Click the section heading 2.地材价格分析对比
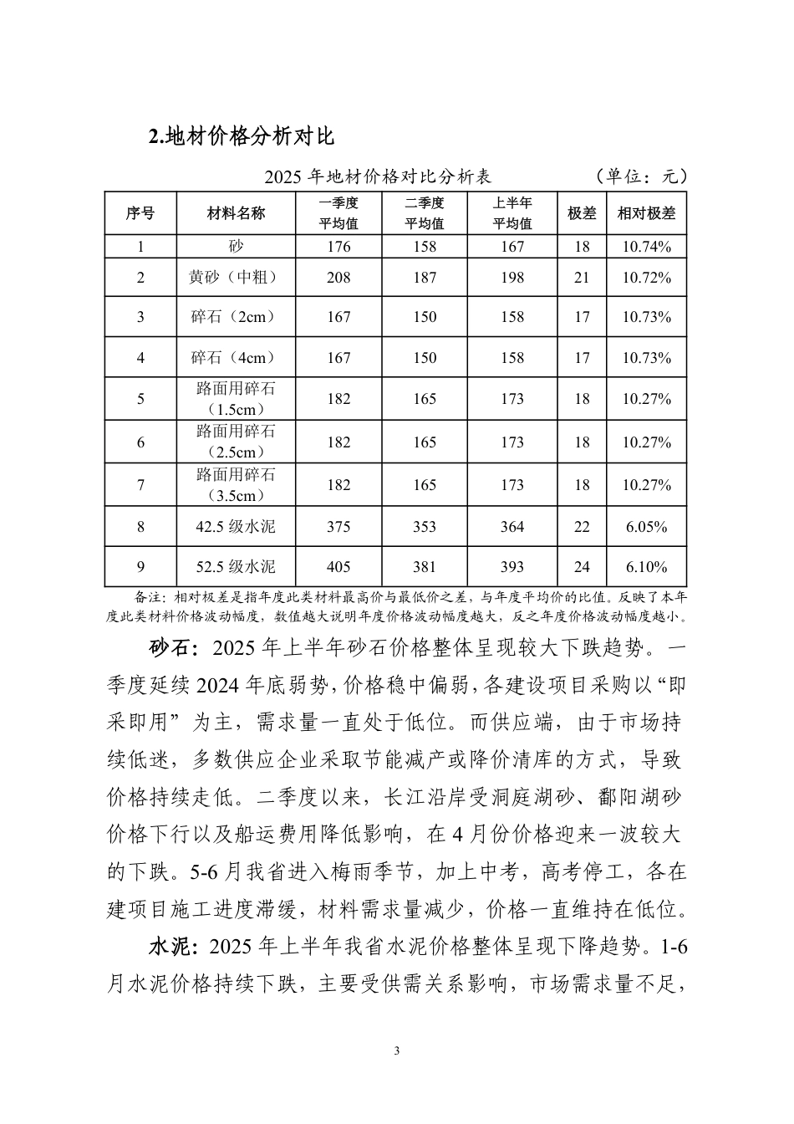tap(241, 136)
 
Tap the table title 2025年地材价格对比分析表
tap(377, 176)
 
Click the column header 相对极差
tap(646, 213)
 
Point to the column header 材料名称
tap(236, 213)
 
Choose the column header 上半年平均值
tap(512, 213)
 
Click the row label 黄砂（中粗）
tap(236, 277)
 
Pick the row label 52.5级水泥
tap(236, 567)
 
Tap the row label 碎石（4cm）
tap(236, 358)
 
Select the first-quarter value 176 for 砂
tap(338, 247)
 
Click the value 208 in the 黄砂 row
tap(338, 277)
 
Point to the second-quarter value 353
tap(425, 527)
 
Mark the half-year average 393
tap(512, 567)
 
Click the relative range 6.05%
tap(646, 527)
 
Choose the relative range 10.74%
tap(646, 247)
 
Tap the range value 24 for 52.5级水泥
tap(582, 567)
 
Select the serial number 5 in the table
tap(140, 399)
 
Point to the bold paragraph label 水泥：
tap(173, 948)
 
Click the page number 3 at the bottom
tap(397, 1051)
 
